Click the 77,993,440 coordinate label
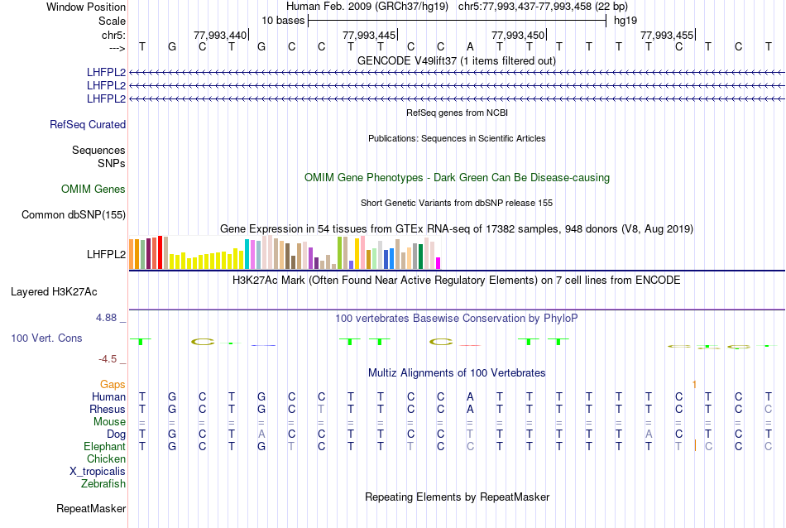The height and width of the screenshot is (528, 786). [x=219, y=35]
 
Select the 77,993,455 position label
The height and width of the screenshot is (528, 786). [x=667, y=35]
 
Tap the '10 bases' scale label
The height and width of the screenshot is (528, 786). [x=283, y=20]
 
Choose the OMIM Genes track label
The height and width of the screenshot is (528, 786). [x=93, y=190]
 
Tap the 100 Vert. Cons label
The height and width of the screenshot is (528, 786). [x=46, y=338]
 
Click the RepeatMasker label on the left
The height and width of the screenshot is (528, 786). [x=91, y=508]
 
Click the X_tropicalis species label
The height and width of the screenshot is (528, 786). [x=98, y=471]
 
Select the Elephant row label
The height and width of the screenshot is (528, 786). [x=104, y=446]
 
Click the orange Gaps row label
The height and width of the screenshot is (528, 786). [x=113, y=385]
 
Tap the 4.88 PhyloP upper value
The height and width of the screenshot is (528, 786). [x=110, y=317]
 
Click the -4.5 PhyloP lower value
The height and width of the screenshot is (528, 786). [x=111, y=358]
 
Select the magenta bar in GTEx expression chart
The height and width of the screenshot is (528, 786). [x=439, y=263]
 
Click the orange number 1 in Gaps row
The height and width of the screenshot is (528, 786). [x=694, y=385]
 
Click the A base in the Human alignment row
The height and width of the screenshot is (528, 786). [x=470, y=397]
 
